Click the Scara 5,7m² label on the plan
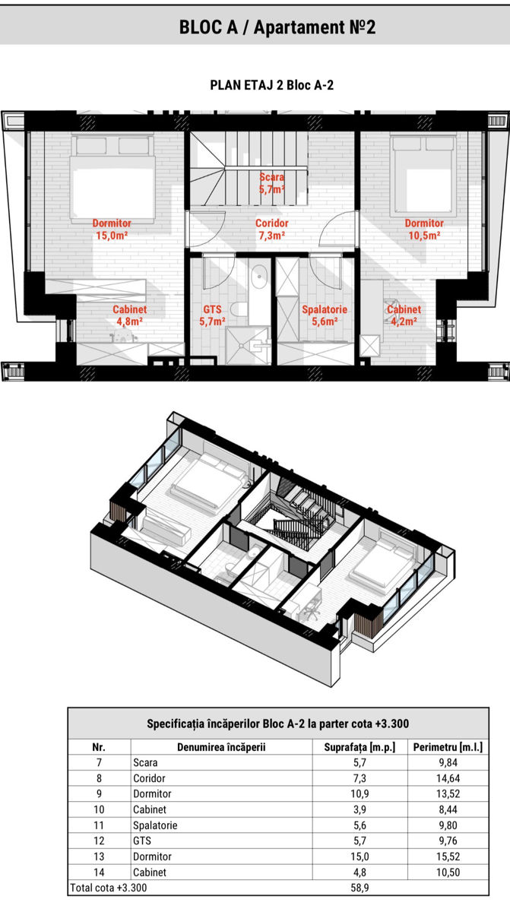pyautogui.click(x=272, y=183)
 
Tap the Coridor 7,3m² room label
pyautogui.click(x=272, y=230)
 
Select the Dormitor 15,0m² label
pyautogui.click(x=112, y=230)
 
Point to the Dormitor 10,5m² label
pyautogui.click(x=424, y=230)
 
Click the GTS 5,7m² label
pyautogui.click(x=213, y=315)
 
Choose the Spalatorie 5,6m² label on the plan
pyautogui.click(x=325, y=315)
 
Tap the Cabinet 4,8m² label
pyautogui.click(x=130, y=315)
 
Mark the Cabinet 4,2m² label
pyautogui.click(x=404, y=315)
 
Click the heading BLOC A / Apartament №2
pyautogui.click(x=277, y=27)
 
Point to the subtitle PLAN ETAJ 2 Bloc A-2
pyautogui.click(x=272, y=85)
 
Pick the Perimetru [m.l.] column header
pyautogui.click(x=448, y=747)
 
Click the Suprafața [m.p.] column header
pyautogui.click(x=360, y=747)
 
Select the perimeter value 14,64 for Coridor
pyautogui.click(x=448, y=778)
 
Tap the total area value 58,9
pyautogui.click(x=360, y=888)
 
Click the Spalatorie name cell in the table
pyautogui.click(x=155, y=825)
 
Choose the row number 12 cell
pyautogui.click(x=99, y=841)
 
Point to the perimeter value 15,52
pyautogui.click(x=448, y=857)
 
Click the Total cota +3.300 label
pyautogui.click(x=108, y=888)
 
